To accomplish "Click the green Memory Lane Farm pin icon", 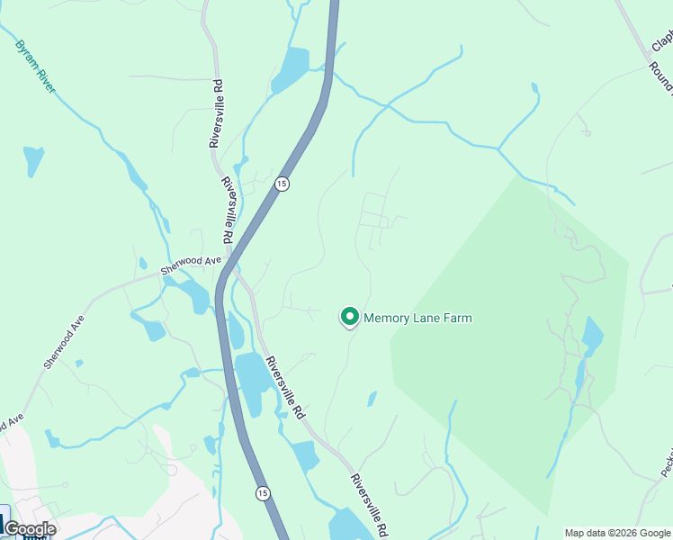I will [349, 317].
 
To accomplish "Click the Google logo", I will [30, 529].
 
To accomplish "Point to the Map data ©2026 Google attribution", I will [617, 533].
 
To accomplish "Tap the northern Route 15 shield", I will [283, 184].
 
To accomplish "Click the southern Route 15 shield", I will [262, 493].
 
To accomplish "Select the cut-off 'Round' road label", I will [667, 82].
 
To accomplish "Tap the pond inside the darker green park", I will [591, 337].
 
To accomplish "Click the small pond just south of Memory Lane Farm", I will [372, 399].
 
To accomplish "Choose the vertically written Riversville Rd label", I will [216, 113].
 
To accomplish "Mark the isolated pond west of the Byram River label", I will [33, 159].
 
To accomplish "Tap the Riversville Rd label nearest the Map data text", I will [368, 504].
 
